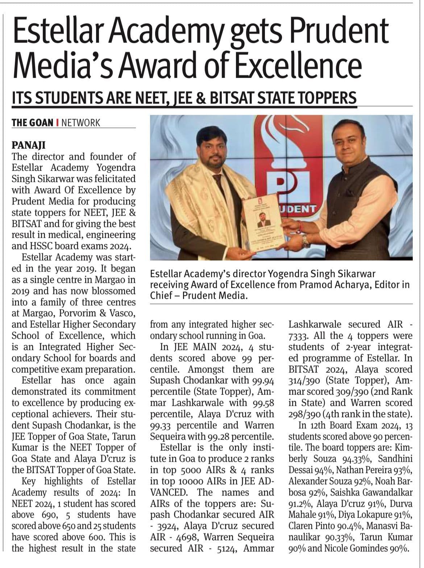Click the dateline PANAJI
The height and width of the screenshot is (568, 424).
point(29,145)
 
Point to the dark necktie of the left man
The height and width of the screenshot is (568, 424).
point(217,181)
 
